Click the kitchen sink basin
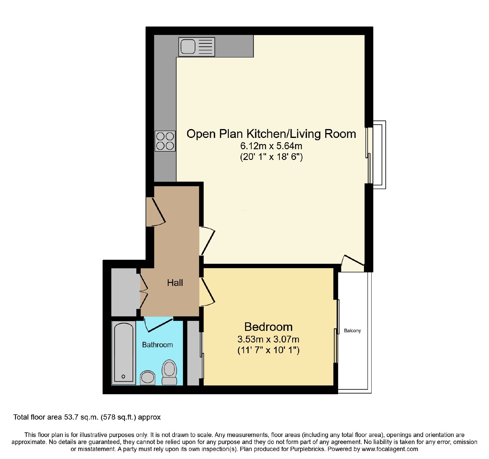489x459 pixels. pos(188,47)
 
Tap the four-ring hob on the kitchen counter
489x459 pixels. pos(165,141)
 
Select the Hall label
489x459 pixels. pos(175,283)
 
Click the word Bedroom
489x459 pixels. pos(268,327)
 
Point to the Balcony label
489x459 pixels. pos(352,331)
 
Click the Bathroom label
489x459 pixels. pos(157,345)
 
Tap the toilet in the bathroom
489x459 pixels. pos(169,372)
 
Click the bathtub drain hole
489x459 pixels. pos(123,376)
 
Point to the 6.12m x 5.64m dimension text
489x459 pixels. pos(271,146)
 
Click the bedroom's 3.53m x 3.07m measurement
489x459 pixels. pos(268,339)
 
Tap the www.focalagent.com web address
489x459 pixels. pos(390,449)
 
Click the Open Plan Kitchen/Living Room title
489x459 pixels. pos(271,134)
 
